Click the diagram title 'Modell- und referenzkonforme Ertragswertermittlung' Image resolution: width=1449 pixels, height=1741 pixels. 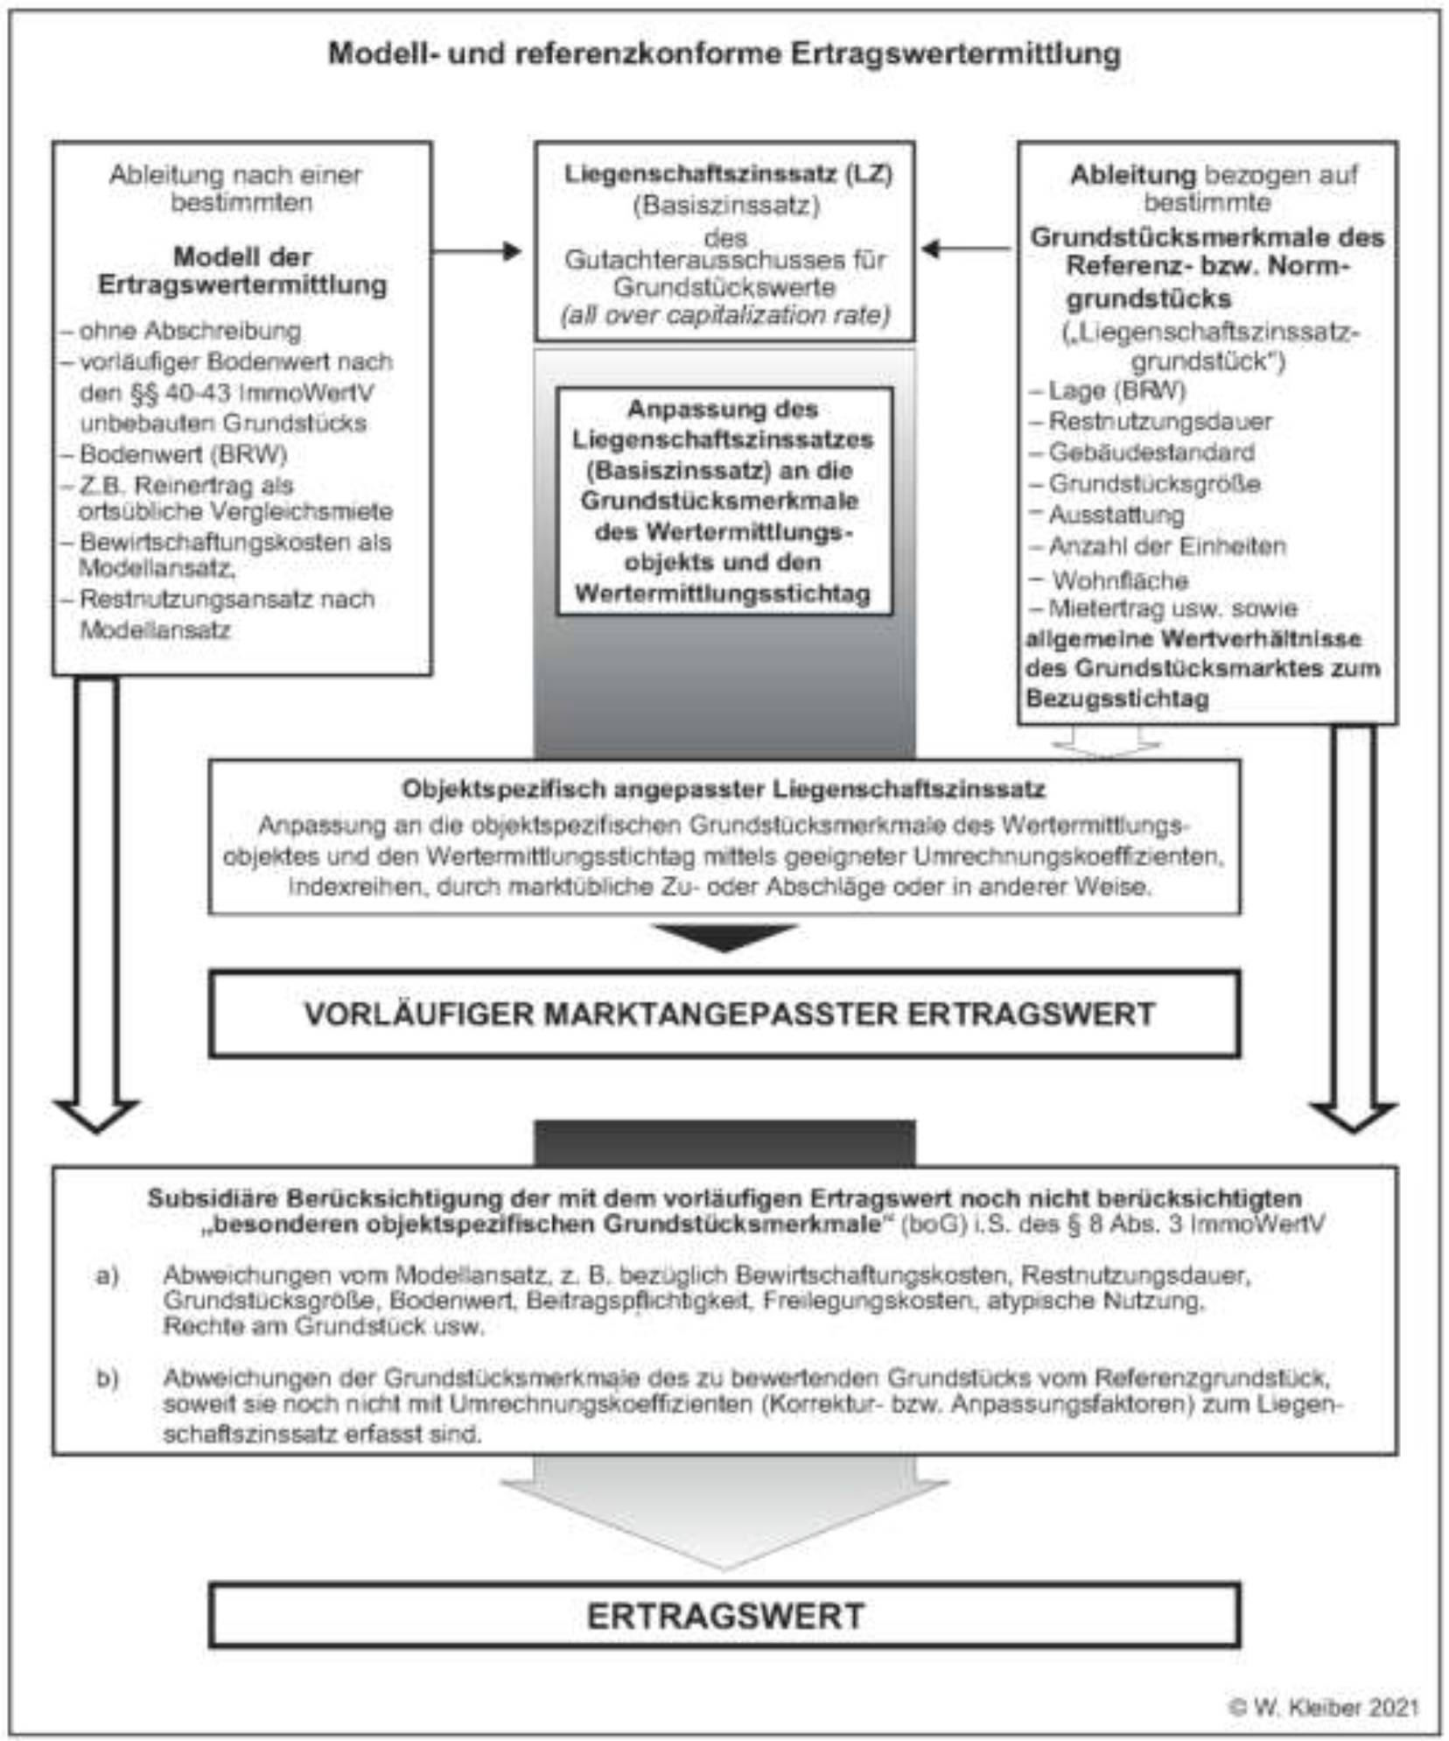click(724, 54)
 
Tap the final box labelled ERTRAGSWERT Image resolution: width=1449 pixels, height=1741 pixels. click(724, 1616)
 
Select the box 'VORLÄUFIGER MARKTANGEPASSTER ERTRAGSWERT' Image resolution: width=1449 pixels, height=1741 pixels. click(724, 1014)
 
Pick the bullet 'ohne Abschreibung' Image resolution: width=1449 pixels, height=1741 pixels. click(189, 331)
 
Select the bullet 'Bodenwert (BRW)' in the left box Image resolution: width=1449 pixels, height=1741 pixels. click(182, 454)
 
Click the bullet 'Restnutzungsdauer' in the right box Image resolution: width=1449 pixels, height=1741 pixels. click(1159, 421)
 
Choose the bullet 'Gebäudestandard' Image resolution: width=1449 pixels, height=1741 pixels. click(1151, 453)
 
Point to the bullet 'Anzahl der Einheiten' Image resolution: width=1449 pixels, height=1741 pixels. click(1166, 546)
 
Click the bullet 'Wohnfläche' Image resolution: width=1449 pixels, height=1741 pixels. click(1119, 579)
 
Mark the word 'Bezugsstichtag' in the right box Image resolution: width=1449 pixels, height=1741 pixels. click(1117, 699)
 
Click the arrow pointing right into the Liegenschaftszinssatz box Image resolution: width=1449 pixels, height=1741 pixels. click(478, 252)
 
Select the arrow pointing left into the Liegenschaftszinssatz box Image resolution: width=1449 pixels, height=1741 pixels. click(966, 249)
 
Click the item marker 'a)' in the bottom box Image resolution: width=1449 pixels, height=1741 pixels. click(107, 1275)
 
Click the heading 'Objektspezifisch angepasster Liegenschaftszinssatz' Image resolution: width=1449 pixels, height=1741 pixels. click(724, 789)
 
